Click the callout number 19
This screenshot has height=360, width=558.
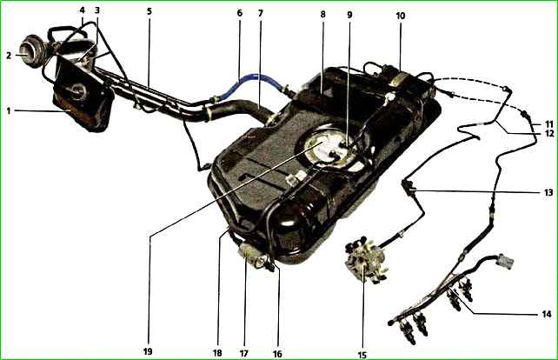pos(148,351)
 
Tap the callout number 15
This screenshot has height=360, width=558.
pos(362,355)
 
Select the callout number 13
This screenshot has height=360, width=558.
pos(548,193)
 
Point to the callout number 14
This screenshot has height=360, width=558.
pos(547,314)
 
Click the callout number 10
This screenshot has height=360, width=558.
pos(401,16)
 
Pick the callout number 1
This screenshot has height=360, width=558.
pos(9,110)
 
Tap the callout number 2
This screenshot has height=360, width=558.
pos(9,56)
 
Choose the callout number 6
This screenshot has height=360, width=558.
pos(240,13)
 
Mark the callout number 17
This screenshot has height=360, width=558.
pos(243,353)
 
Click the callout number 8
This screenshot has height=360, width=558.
pos(322,14)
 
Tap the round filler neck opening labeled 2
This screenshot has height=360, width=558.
pos(32,54)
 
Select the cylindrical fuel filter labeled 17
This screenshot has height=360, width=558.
pos(251,254)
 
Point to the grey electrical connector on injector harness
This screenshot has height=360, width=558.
pos(505,262)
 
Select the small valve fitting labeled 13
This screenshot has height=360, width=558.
pos(408,186)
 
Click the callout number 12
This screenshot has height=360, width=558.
pos(549,134)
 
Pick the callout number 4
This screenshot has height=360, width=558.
pos(83,10)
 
